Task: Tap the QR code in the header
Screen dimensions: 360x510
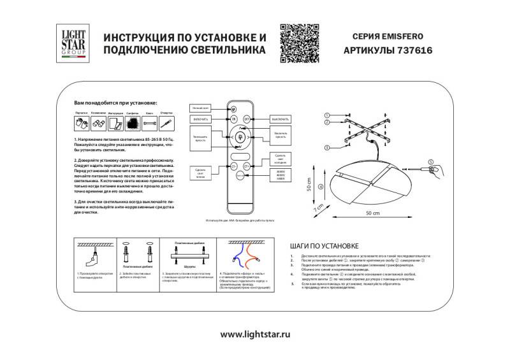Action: click(x=298, y=41)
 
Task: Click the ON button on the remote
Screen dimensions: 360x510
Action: click(x=233, y=119)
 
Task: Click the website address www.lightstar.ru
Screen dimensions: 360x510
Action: click(x=255, y=333)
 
